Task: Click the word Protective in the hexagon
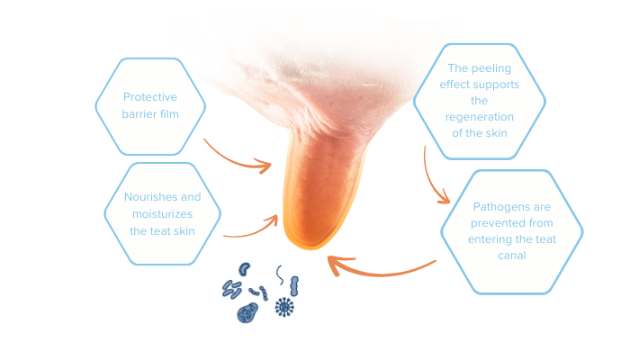pos(150,97)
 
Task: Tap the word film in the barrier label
pos(169,114)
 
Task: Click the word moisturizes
pos(162,214)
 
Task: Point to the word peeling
pos(491,68)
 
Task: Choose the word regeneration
pos(480,117)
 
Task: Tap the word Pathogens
pos(496,207)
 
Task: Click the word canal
pos(512,256)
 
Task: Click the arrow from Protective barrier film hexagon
pos(236,161)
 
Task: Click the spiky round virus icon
pos(284,308)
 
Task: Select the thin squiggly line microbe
pos(280,275)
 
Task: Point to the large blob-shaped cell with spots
pos(247,313)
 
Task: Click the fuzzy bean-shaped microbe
pos(244,269)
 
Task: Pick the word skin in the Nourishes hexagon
pos(184,231)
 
